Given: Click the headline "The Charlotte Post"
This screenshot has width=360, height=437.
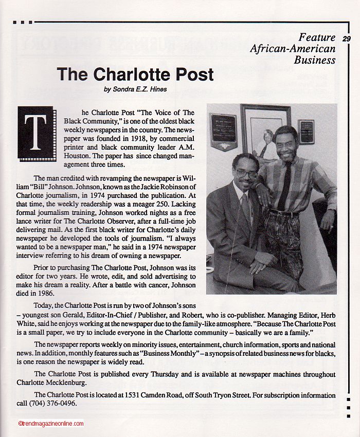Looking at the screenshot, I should coord(135,75).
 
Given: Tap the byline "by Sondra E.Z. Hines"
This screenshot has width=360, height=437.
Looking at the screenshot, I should coord(136,89).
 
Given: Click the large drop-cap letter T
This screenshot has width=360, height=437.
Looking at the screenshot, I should coord(35,133).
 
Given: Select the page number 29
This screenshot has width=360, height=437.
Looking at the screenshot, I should coord(346,39).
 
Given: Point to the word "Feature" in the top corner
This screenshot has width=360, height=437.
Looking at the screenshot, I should coord(317,38).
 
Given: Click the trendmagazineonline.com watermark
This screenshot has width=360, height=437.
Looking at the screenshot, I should coord(50,424).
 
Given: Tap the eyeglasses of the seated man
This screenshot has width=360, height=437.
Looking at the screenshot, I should coord(246,174).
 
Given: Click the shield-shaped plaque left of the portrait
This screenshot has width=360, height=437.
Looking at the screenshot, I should coord(223,131).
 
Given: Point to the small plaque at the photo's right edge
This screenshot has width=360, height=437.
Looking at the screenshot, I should coord(307,132).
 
